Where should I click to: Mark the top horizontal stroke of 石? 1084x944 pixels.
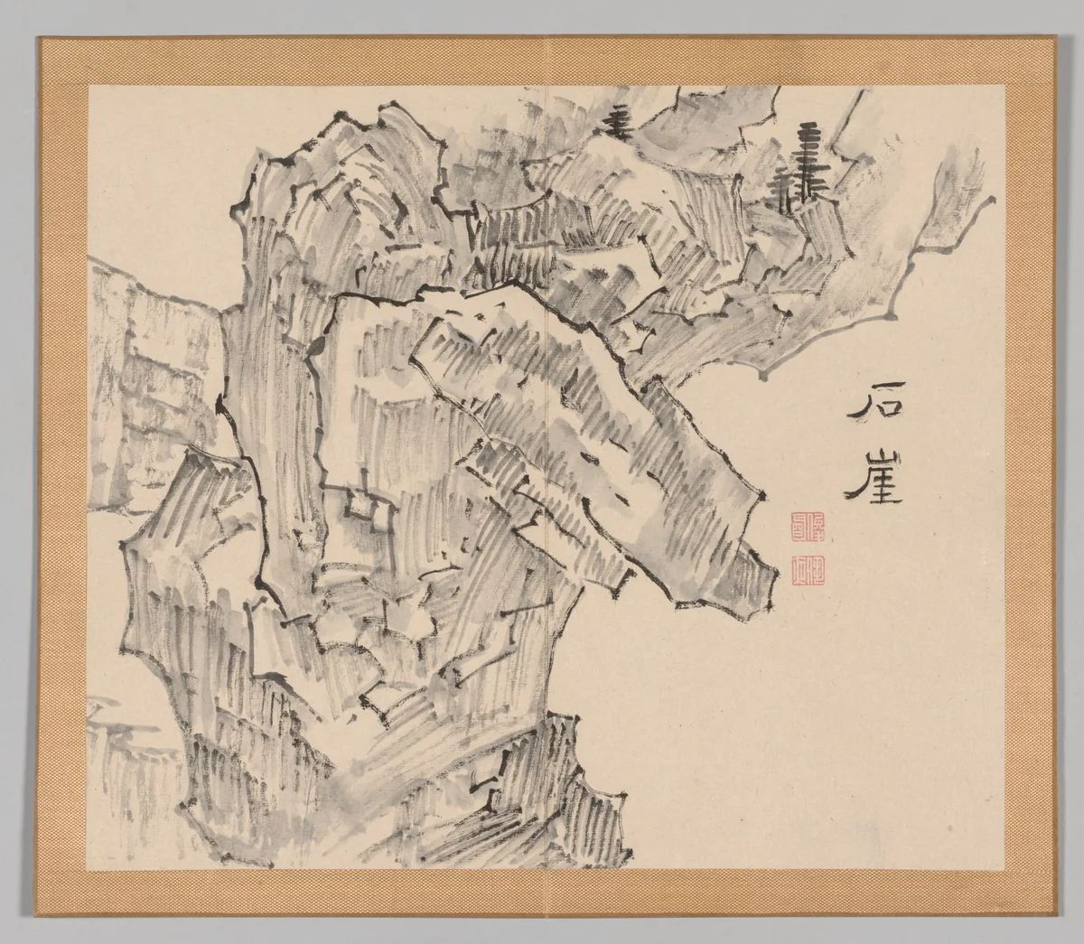click(x=870, y=398)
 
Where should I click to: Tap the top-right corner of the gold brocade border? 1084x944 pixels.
click(x=1046, y=38)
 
